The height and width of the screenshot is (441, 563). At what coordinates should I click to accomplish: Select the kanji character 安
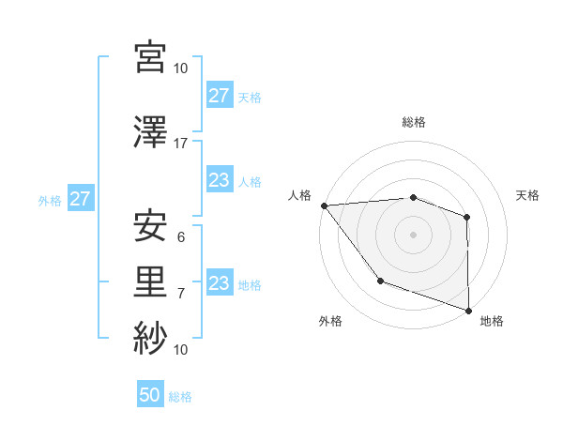[x=150, y=225]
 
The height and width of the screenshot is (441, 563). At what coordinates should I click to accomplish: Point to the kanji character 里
[x=150, y=281]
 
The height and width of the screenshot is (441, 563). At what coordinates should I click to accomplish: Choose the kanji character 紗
[x=150, y=336]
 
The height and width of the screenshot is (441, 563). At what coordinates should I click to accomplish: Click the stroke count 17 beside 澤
[x=181, y=143]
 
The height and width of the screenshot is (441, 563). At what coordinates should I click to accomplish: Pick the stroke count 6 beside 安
[x=181, y=237]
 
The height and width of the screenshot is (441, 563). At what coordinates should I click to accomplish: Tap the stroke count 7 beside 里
[x=181, y=294]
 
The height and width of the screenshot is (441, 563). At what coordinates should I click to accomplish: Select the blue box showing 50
[x=150, y=395]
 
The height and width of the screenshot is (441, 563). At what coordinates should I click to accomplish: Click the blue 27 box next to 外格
[x=80, y=199]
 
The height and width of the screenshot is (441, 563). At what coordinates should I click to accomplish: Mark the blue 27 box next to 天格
[x=219, y=96]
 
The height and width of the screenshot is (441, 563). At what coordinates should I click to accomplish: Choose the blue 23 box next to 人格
[x=219, y=180]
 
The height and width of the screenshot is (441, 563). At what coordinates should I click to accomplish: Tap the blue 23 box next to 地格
[x=219, y=283]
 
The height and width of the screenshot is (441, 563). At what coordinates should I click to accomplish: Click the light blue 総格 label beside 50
[x=180, y=396]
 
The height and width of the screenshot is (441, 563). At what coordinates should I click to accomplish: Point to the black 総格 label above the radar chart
[x=413, y=122]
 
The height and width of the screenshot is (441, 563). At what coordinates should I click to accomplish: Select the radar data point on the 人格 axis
[x=324, y=205]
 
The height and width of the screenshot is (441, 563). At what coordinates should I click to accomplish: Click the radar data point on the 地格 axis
[x=468, y=309]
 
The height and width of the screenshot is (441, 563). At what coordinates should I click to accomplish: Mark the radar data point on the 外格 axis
[x=380, y=281]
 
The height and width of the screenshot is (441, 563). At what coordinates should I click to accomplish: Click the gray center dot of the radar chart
[x=413, y=234]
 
